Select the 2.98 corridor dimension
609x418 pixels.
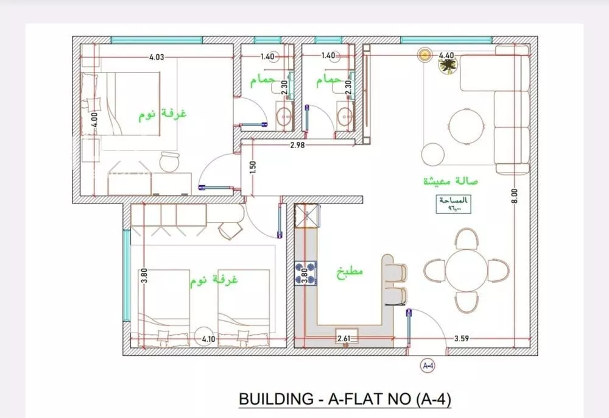click(297, 145)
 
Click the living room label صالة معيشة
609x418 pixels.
click(450, 182)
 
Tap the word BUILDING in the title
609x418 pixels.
click(273, 400)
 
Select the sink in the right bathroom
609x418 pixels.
click(346, 115)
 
